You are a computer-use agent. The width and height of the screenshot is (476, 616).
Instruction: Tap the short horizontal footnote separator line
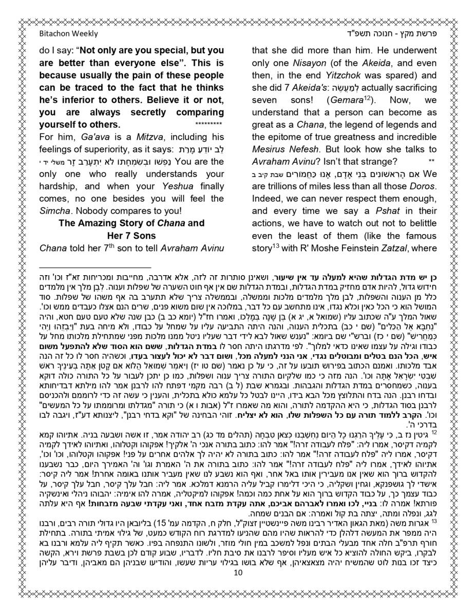click(95, 267)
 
